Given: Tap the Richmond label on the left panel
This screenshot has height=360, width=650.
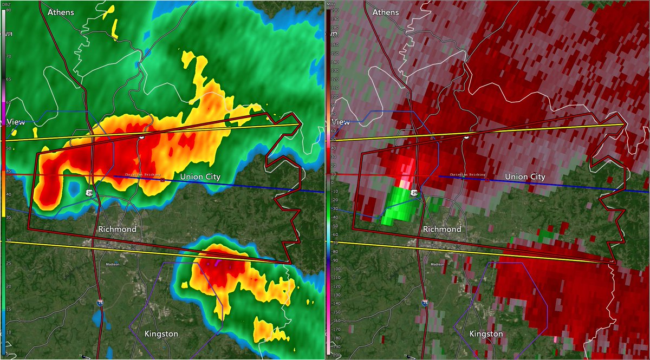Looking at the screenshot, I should [118, 229].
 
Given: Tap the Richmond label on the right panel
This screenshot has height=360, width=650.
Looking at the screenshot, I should [441, 229].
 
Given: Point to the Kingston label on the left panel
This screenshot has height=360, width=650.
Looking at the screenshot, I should [161, 333].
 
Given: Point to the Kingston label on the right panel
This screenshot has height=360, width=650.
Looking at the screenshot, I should [486, 333].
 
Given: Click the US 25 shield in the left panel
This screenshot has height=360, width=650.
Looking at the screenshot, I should [89, 192].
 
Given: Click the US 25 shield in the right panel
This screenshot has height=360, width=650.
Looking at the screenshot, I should [414, 192].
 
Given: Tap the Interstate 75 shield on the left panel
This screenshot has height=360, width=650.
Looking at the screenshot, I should [100, 304].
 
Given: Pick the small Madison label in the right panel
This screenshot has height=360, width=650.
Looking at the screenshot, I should [437, 265].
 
